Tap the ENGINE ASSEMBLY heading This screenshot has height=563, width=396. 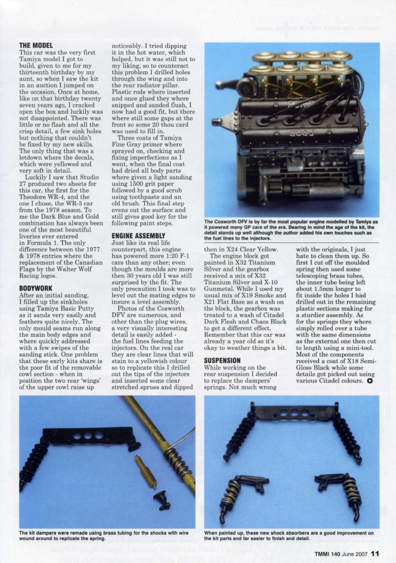pyautogui.click(x=138, y=235)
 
